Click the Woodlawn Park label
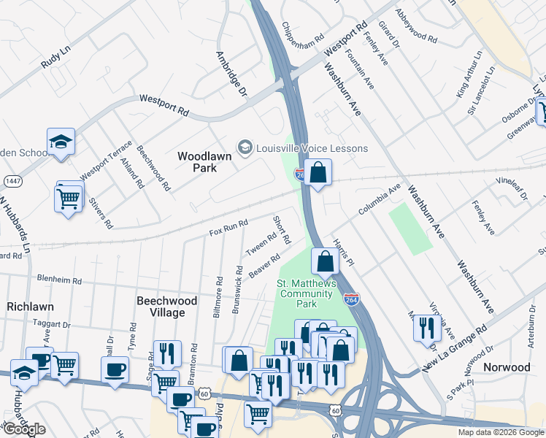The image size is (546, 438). (198, 161)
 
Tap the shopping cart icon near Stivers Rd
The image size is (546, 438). (68, 197)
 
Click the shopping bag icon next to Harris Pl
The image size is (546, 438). (325, 261)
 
